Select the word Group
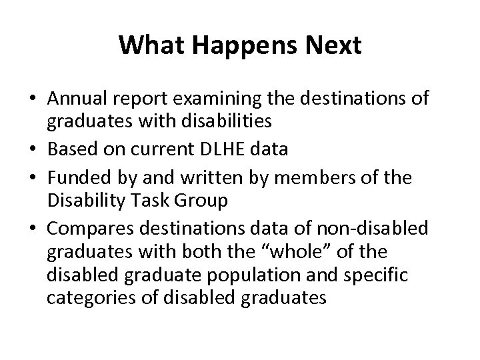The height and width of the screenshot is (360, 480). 198,200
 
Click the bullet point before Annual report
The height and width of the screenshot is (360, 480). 32,99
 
